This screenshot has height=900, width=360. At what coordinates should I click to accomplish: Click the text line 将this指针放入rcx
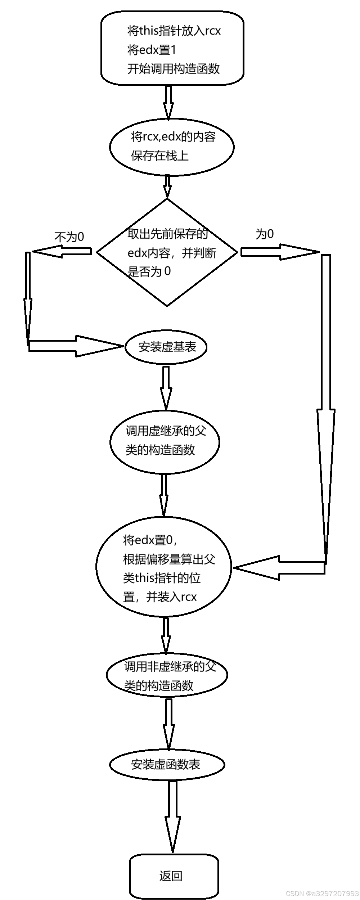click(174, 31)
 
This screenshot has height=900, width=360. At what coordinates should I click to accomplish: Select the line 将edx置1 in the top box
click(152, 50)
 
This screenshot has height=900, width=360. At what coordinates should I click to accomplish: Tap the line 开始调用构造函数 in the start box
click(173, 68)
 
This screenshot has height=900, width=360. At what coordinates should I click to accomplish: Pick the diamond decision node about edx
click(167, 252)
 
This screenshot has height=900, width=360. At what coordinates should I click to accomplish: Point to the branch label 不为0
click(69, 237)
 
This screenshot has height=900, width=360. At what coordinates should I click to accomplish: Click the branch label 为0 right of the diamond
click(265, 234)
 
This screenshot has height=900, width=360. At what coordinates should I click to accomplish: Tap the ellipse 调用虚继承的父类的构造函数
click(165, 441)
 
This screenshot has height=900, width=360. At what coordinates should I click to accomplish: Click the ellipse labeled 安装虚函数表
click(167, 764)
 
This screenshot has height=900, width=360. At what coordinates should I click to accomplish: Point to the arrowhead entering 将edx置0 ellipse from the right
click(256, 568)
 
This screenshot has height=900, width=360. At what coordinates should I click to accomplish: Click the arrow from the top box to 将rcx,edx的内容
click(168, 103)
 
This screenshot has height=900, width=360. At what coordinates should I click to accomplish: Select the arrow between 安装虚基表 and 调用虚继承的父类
click(166, 388)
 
